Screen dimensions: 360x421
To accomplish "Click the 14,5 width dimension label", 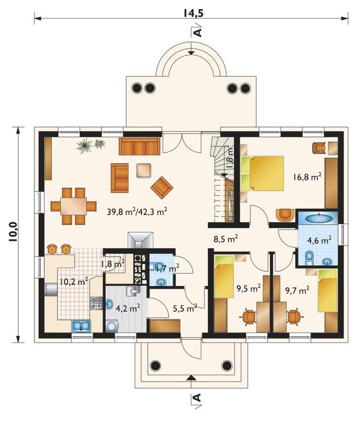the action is tap(193, 13).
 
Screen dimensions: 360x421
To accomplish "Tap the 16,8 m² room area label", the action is tap(307, 177).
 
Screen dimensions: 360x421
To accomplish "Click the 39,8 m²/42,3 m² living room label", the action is tap(137, 212).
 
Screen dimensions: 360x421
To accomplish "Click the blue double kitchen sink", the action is tap(82, 326).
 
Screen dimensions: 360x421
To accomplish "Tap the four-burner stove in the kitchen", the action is tap(96, 303).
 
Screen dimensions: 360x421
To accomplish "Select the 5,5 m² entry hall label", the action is tap(185, 308).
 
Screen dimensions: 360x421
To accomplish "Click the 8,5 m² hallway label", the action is tap(226, 239).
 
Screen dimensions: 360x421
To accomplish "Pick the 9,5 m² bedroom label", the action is tap(248, 289).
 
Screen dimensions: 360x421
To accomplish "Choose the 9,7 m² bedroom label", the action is tap(297, 290).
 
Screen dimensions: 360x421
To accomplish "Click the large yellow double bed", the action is tap(262, 173).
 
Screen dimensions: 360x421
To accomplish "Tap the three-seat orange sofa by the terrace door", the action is tap(139, 147).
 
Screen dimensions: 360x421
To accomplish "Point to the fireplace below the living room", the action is tap(140, 240).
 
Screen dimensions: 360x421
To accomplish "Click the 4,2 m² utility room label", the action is tap(128, 308).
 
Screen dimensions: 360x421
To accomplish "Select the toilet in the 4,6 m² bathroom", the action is tap(309, 257).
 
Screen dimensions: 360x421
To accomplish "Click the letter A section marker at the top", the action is tap(197, 32).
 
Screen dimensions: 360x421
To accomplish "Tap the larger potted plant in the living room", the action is tap(85, 146).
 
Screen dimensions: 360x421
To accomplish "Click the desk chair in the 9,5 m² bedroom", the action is tap(249, 317).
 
